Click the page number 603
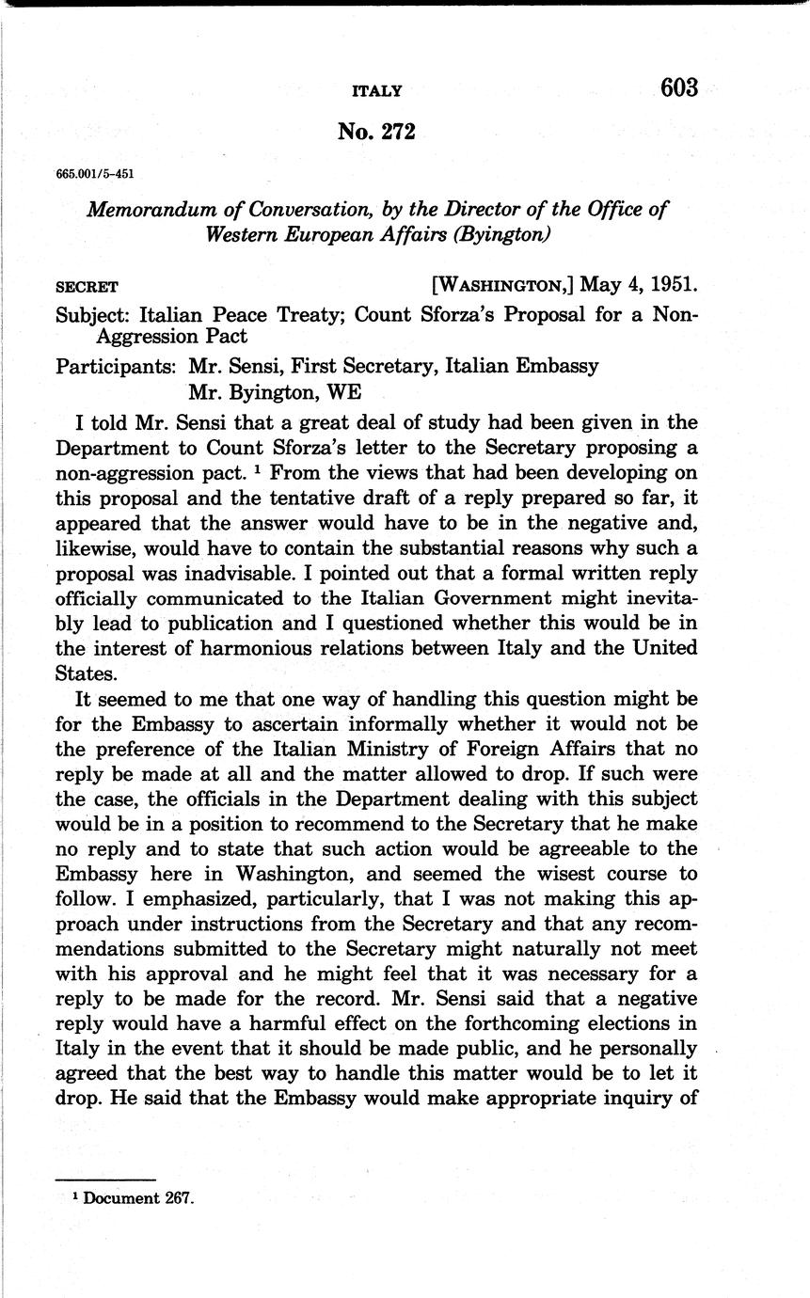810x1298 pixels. pos(679,88)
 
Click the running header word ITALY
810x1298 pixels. pos(376,91)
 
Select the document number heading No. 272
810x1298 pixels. pos(376,133)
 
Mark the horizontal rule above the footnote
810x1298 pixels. pos(104,1179)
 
